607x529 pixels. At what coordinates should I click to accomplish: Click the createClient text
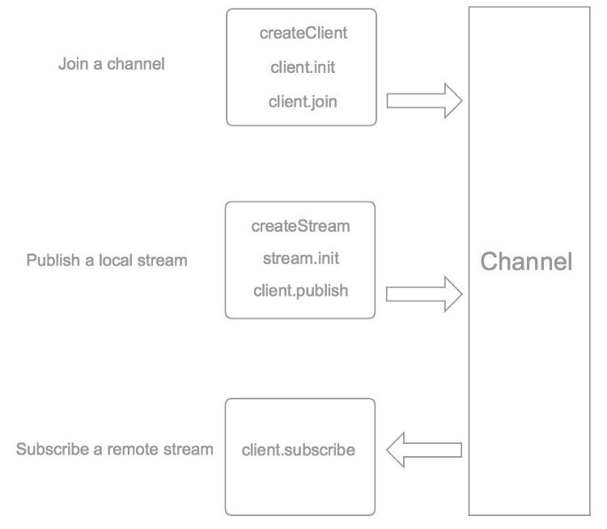(303, 33)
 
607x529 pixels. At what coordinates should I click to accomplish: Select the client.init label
(303, 67)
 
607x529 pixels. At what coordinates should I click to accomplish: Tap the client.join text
(303, 102)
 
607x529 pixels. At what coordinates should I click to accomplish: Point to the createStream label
(300, 226)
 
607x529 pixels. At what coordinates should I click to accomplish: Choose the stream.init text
(301, 258)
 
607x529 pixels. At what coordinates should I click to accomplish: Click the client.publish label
(301, 291)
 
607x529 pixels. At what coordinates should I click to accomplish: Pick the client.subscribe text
(299, 450)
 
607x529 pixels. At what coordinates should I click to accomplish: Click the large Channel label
(526, 261)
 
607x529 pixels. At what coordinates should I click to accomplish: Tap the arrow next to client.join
(424, 100)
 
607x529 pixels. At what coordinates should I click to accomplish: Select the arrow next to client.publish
(424, 294)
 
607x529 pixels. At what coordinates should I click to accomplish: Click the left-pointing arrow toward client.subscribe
(424, 450)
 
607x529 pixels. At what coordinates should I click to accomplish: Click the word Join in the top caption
(73, 64)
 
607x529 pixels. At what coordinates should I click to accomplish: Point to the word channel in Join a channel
(136, 64)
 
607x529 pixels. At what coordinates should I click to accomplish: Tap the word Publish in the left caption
(53, 260)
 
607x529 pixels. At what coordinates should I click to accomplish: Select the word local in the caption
(116, 260)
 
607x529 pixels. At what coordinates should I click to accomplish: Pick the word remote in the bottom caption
(133, 450)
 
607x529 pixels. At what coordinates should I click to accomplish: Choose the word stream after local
(163, 260)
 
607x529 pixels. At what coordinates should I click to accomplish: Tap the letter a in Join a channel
(98, 65)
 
